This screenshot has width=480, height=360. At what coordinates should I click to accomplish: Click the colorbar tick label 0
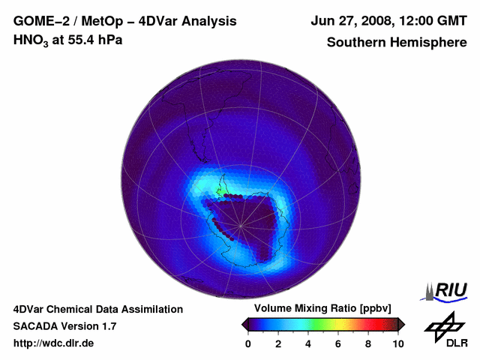pos(248,343)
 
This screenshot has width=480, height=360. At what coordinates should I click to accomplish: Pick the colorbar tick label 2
pos(278,343)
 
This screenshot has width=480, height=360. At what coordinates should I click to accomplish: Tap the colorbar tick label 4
pos(308,343)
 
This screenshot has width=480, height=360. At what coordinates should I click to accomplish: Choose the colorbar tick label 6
pos(338,343)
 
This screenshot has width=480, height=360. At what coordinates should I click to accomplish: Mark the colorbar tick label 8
pos(368,343)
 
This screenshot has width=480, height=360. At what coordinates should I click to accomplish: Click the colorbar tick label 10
pos(397,343)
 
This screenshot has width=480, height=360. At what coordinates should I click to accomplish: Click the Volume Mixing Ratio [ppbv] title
pos(322,309)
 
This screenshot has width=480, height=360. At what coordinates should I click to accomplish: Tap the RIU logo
pos(448,291)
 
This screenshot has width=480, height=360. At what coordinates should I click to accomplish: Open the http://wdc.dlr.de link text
pos(53,344)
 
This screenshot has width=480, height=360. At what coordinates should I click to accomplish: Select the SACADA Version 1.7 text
pos(64,326)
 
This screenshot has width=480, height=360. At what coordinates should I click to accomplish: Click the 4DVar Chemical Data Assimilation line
pos(97,309)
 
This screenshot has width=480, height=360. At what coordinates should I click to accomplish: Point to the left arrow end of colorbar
pos(245,324)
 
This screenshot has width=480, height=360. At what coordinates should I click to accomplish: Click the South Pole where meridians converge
pos(241,223)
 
